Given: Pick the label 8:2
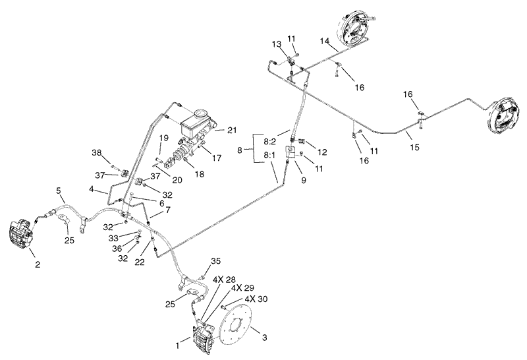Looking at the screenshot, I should (x=269, y=141).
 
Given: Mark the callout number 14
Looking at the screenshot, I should (x=324, y=41).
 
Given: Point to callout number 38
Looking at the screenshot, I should (x=97, y=152).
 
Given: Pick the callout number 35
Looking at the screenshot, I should (x=215, y=260).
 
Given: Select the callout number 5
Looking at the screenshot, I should (x=59, y=191).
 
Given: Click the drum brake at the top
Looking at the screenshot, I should (x=356, y=28).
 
